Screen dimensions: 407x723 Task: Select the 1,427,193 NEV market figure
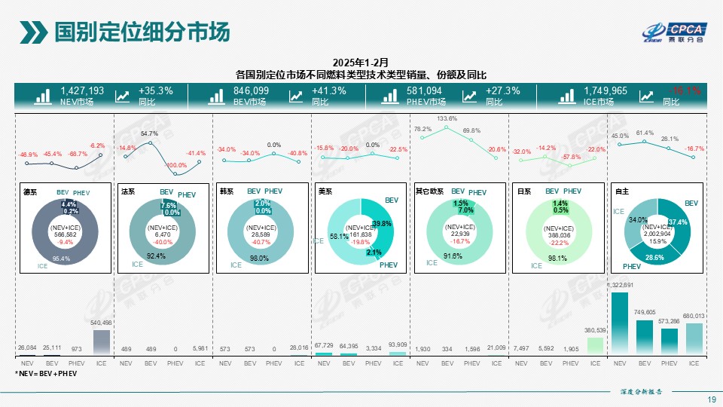(x=82, y=90)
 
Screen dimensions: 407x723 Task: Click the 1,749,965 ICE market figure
(x=605, y=90)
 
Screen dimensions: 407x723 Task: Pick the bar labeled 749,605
(x=645, y=337)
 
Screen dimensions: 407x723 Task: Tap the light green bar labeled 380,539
(x=595, y=345)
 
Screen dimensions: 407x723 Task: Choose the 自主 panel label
(x=621, y=192)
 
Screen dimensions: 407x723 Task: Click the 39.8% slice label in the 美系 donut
(x=381, y=224)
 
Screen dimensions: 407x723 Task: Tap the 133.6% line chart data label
(x=447, y=118)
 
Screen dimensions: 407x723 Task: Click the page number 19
(x=712, y=399)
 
